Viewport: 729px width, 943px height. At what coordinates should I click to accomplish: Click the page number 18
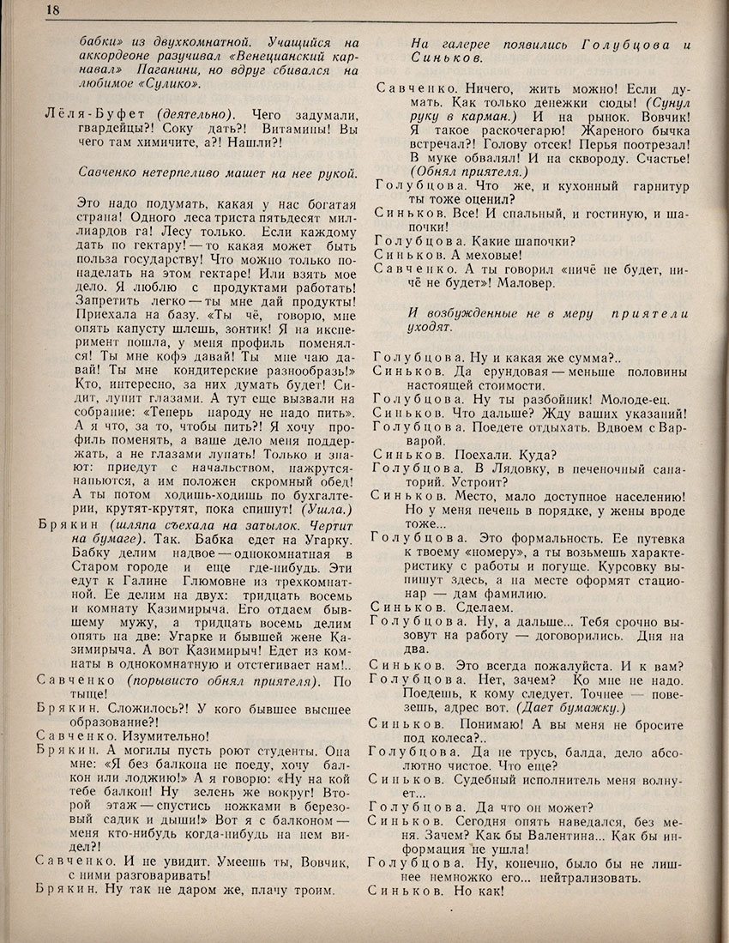[x=28, y=10]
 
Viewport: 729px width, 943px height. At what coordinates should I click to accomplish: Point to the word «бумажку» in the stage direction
[x=591, y=707]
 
